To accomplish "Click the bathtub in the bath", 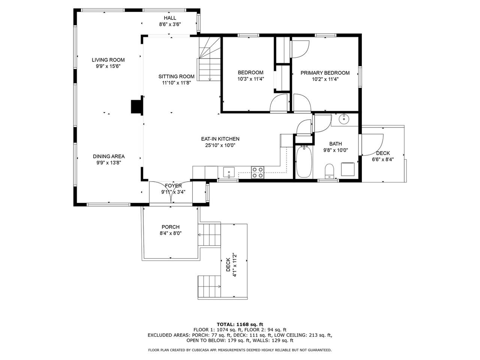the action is (x=304, y=162).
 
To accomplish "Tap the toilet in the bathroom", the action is (x=329, y=171).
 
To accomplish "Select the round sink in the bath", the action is (x=344, y=119).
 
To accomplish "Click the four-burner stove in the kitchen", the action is (x=257, y=172).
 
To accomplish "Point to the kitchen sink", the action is (x=229, y=172).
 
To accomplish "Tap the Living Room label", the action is (x=108, y=60).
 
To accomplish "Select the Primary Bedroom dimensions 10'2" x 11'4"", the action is (x=325, y=79).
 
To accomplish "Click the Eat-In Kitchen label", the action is (x=220, y=139).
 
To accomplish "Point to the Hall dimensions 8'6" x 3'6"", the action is (x=170, y=24).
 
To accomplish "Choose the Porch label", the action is (x=171, y=227).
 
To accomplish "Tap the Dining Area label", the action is (x=109, y=156).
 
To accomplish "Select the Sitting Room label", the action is (x=176, y=76).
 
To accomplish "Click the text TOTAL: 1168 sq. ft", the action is (x=240, y=324).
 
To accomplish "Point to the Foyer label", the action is (x=173, y=186).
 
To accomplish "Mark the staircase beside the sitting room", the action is (x=209, y=59).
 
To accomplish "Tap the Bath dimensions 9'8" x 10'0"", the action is (x=336, y=150).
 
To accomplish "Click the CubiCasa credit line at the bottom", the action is (x=240, y=350).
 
